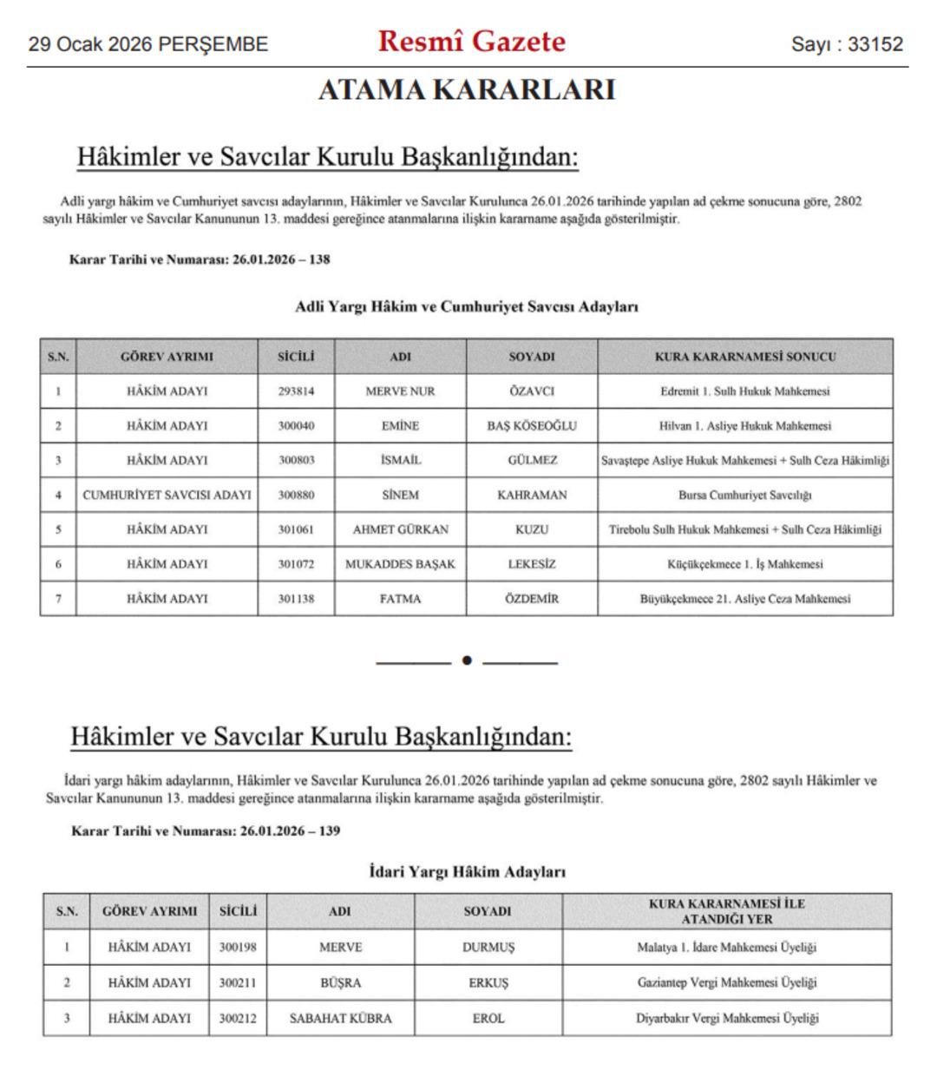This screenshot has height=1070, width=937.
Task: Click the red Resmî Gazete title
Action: [x=471, y=42]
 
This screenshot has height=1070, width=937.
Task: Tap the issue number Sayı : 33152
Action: [x=846, y=44]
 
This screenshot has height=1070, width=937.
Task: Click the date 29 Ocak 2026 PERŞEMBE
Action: [x=148, y=44]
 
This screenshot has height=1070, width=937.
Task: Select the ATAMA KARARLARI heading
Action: [x=467, y=90]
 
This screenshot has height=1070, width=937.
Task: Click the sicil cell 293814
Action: [x=296, y=391]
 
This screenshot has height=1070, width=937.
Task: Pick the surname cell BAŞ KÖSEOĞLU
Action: [x=531, y=426]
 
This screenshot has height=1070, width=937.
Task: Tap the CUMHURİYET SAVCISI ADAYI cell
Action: [x=167, y=496]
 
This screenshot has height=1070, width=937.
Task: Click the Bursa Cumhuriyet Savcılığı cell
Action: [x=744, y=496]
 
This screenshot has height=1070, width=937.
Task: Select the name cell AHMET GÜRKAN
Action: [x=400, y=529]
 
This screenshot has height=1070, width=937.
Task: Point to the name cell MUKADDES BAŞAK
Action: [x=400, y=564]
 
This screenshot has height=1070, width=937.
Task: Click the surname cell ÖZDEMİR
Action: [x=531, y=599]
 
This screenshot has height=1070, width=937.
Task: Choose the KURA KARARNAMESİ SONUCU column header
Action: [x=744, y=357]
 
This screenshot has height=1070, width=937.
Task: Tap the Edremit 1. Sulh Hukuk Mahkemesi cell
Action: [x=744, y=391]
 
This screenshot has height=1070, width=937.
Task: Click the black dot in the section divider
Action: [x=467, y=661]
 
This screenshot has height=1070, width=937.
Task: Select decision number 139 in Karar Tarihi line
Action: [x=329, y=831]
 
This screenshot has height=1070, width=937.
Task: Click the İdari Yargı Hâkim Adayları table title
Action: [x=467, y=871]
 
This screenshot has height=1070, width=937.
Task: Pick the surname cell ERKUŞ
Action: [x=488, y=983]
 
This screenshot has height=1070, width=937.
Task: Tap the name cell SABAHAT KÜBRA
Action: [x=340, y=1019]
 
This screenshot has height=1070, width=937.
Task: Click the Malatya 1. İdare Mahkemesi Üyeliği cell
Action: [x=726, y=948]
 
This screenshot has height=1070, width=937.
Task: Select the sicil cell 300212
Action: [x=237, y=1019]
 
